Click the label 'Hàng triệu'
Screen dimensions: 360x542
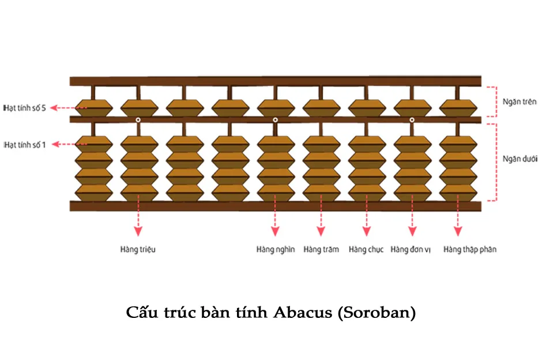click(138, 250)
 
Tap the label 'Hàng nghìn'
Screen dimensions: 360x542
click(276, 250)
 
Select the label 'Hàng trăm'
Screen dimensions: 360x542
click(321, 250)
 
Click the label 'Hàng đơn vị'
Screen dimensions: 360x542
click(412, 250)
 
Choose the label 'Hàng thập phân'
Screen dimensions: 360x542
click(470, 250)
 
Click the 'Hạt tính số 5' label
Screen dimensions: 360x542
click(25, 107)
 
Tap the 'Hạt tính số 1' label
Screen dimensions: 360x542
click(25, 144)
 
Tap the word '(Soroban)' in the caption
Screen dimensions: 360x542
click(377, 313)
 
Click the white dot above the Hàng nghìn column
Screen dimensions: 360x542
click(275, 119)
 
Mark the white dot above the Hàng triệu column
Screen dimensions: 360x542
click(138, 119)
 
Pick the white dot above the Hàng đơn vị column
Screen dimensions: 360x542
click(412, 119)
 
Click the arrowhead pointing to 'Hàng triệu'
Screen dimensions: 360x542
click(138, 231)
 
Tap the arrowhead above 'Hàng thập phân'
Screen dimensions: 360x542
click(458, 231)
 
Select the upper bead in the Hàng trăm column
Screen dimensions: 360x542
click(321, 107)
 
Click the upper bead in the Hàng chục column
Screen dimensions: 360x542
click(367, 107)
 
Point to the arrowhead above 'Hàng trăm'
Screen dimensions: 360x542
click(321, 231)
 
